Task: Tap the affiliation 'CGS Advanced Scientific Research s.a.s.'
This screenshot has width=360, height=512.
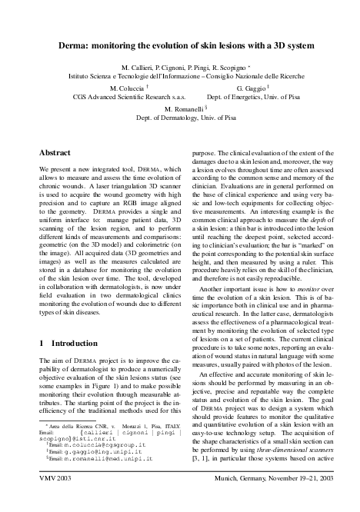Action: click(x=128, y=98)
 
